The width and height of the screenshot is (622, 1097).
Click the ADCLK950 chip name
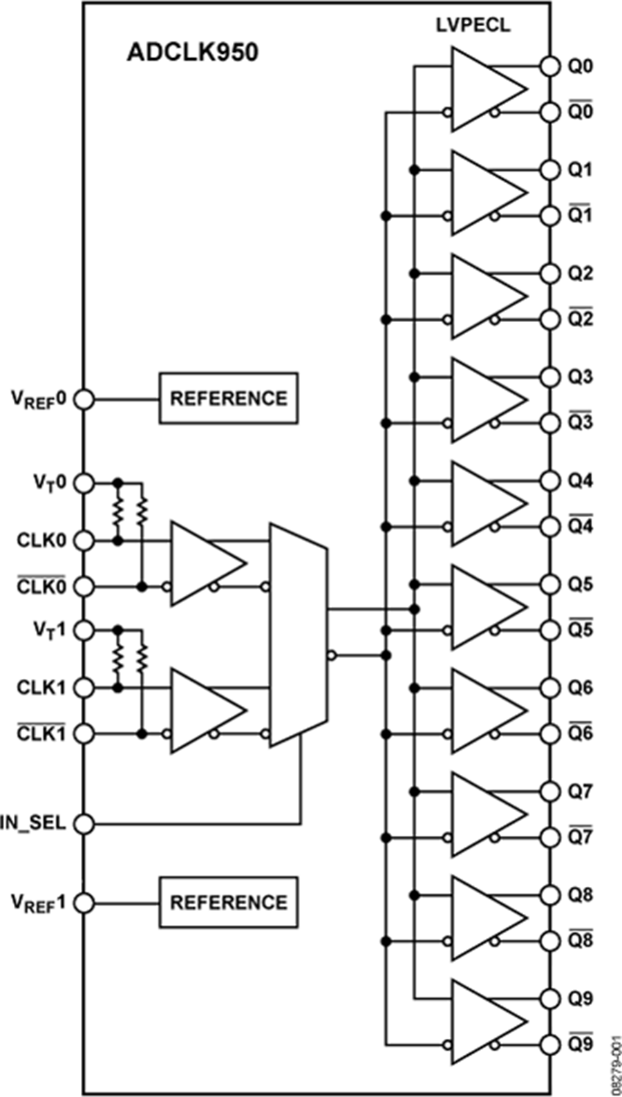(192, 53)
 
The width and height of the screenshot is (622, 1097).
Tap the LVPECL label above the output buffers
(473, 26)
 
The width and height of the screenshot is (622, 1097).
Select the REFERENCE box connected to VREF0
(229, 399)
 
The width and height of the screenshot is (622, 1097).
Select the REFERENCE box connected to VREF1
(229, 903)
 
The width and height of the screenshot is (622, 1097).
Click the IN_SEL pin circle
(84, 824)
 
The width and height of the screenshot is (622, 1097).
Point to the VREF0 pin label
(38, 399)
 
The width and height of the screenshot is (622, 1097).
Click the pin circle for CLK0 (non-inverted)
(84, 541)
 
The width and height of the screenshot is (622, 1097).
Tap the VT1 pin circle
(84, 630)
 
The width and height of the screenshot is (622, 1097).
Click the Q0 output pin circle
(549, 66)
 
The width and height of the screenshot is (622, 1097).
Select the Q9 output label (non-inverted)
(580, 999)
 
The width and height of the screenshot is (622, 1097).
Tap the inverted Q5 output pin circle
(549, 630)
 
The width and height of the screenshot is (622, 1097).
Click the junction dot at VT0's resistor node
(118, 482)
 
